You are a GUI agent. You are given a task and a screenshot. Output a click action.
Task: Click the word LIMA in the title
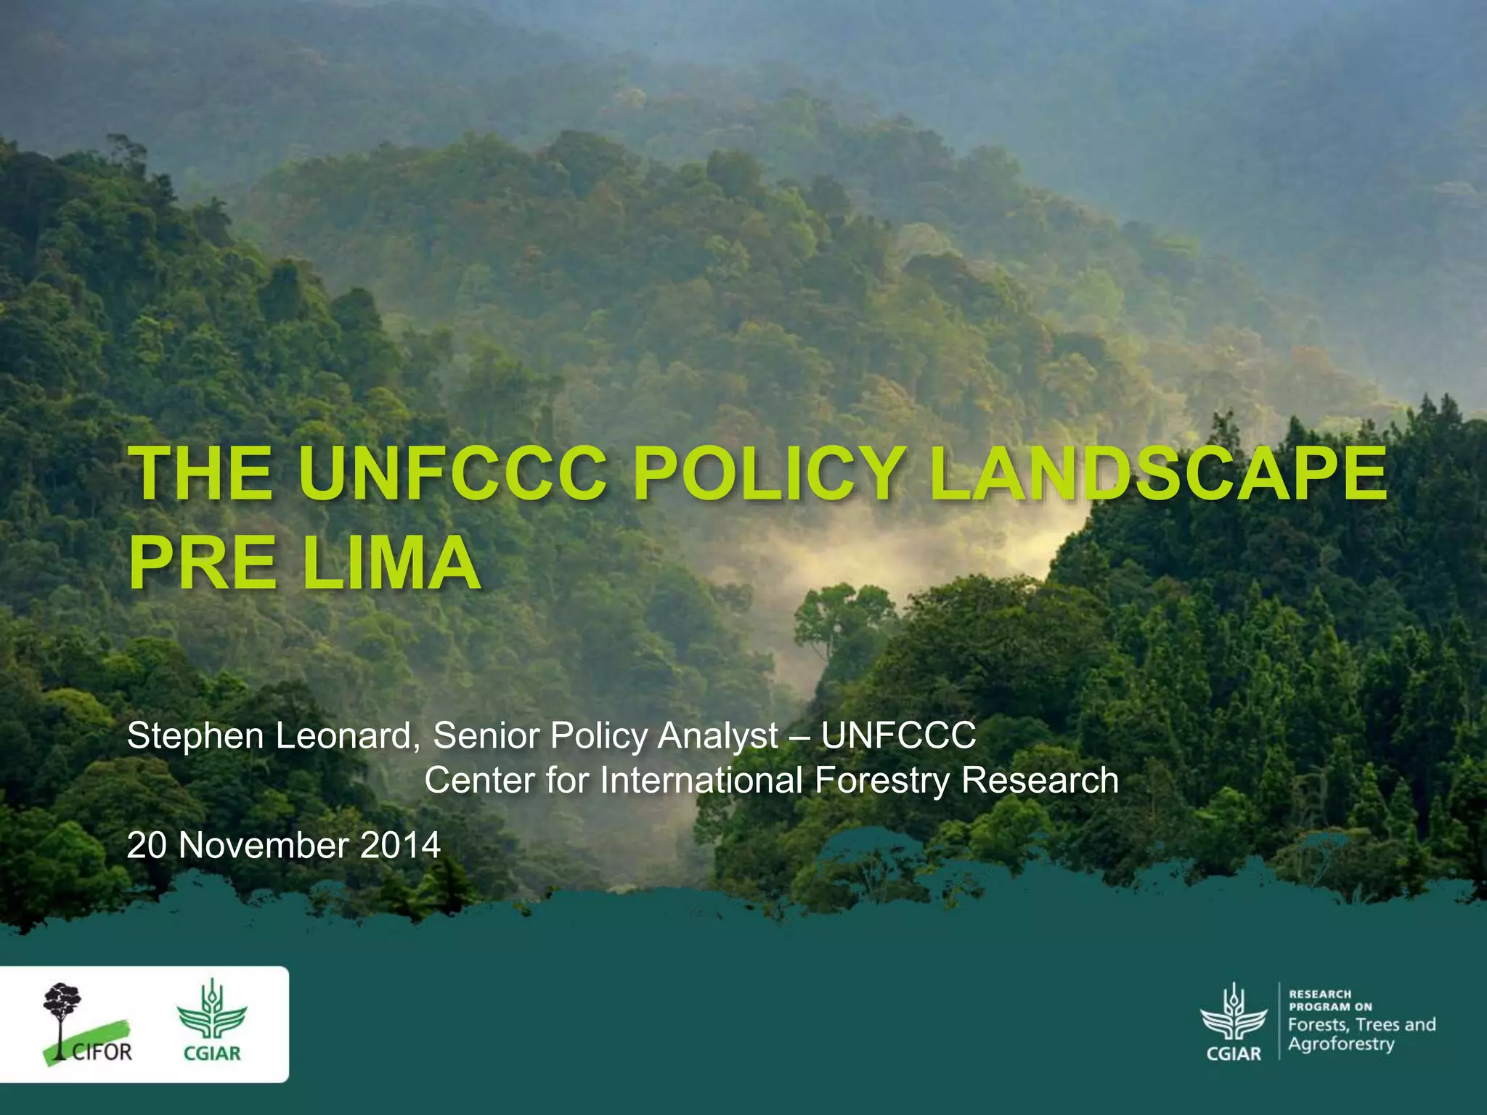[391, 563]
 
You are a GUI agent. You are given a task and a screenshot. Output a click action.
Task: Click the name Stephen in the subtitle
[195, 736]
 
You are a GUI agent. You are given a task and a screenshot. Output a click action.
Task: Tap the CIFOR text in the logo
[102, 1052]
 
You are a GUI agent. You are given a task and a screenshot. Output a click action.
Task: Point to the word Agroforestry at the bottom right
[1341, 1045]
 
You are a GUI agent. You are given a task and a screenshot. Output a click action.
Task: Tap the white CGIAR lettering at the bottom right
[1234, 1053]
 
